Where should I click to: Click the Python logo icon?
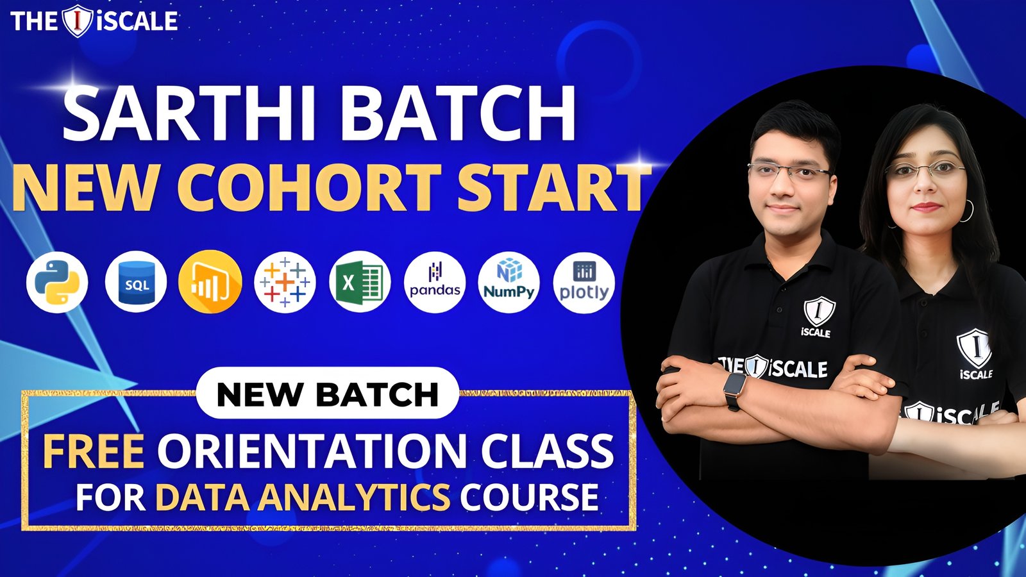coord(57,283)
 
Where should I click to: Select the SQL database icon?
coord(136,282)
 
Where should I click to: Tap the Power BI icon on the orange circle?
coord(210,281)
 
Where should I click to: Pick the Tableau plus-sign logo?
coord(285,282)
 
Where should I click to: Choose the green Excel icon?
coord(360,282)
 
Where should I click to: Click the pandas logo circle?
coord(435,282)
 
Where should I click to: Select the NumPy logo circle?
coord(509,282)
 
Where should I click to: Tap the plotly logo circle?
coord(584,283)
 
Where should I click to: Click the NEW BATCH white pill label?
coord(328,394)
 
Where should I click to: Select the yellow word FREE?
coord(94,451)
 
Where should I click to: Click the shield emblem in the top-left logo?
coord(78,21)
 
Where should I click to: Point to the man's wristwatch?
coord(735,390)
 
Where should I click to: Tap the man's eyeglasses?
coord(790,172)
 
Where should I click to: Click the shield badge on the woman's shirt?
coord(974,347)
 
